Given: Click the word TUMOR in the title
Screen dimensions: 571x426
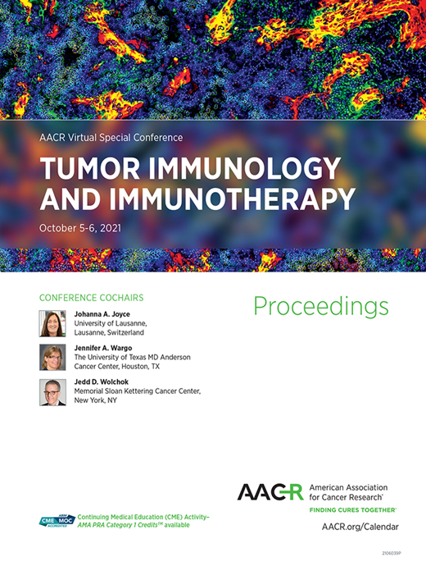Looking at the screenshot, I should tap(85, 169).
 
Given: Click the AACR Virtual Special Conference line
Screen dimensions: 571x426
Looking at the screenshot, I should tap(111, 137).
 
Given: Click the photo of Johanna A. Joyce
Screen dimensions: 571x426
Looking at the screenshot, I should tap(52, 323).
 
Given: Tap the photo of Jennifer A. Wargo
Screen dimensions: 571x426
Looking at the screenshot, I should tap(52, 357).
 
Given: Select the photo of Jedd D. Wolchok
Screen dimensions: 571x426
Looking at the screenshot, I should tap(52, 391).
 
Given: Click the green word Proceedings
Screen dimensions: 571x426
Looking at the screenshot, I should tap(320, 306).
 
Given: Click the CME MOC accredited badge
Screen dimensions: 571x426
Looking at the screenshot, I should tap(57, 522).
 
